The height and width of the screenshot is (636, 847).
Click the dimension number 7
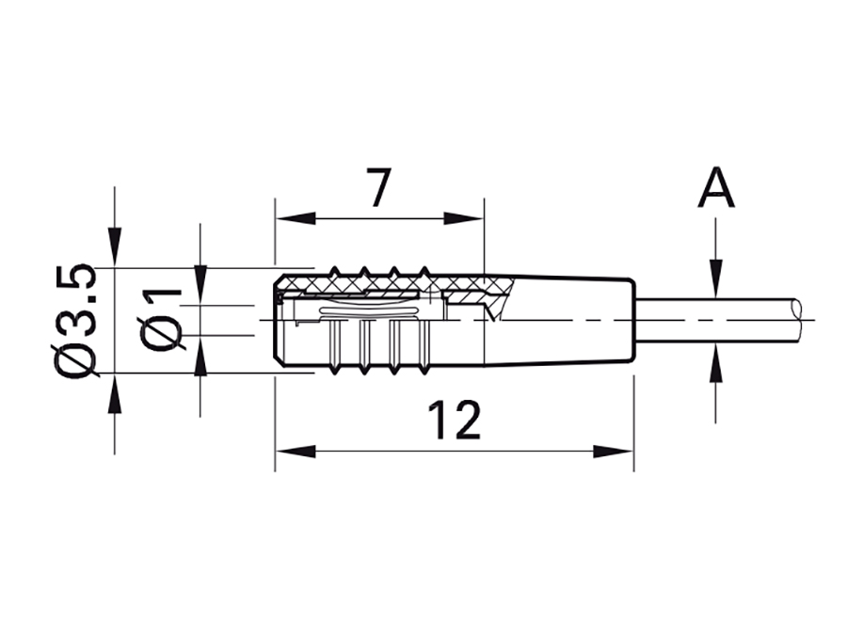[x=378, y=188]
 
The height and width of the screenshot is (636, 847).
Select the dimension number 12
[x=455, y=421]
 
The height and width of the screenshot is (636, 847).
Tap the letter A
[x=716, y=188]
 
